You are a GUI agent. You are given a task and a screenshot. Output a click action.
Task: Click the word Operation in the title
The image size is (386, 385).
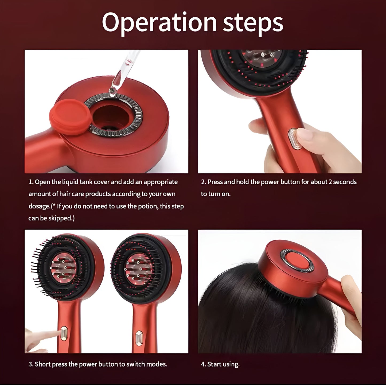[159, 22]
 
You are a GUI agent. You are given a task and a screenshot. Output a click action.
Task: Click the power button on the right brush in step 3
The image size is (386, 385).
[139, 340]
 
